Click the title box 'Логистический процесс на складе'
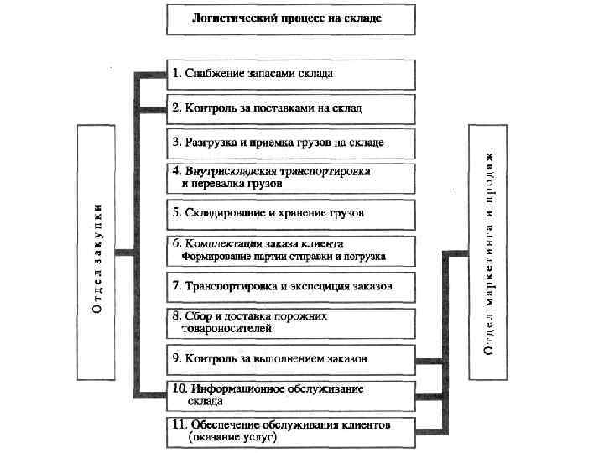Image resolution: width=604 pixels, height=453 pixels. (290, 18)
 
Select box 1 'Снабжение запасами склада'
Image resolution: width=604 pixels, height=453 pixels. (290, 73)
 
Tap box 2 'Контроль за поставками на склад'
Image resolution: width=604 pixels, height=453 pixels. (290, 108)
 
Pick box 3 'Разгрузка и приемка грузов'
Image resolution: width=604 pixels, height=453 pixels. (290, 143)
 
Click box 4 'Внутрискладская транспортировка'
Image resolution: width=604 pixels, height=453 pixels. (290, 177)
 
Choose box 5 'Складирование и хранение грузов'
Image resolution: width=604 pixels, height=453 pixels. (290, 213)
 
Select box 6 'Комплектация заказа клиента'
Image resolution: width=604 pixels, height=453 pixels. (290, 249)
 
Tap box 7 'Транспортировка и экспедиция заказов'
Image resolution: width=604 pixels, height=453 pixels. (290, 286)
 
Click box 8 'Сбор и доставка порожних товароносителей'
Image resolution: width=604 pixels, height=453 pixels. (290, 322)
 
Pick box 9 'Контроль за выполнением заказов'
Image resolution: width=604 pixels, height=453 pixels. (290, 359)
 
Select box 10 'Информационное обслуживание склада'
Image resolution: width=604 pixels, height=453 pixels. (290, 395)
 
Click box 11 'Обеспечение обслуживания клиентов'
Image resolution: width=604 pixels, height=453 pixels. (290, 430)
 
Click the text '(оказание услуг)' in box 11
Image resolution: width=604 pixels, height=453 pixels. (232, 437)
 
